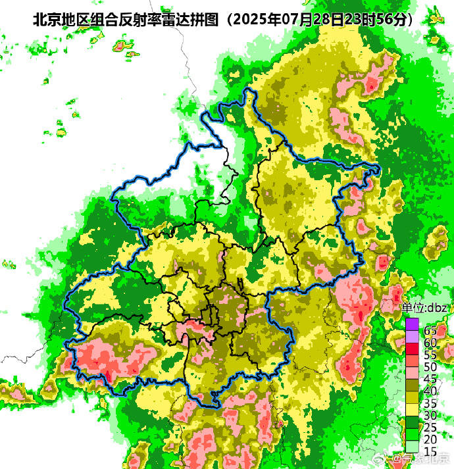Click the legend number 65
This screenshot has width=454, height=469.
(x=431, y=330)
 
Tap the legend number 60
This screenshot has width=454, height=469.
(x=431, y=342)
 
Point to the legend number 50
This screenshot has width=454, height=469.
(x=431, y=366)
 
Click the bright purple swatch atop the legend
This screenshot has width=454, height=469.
(x=412, y=324)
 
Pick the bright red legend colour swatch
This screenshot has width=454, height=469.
(x=412, y=348)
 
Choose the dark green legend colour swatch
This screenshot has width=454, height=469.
(x=412, y=420)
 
